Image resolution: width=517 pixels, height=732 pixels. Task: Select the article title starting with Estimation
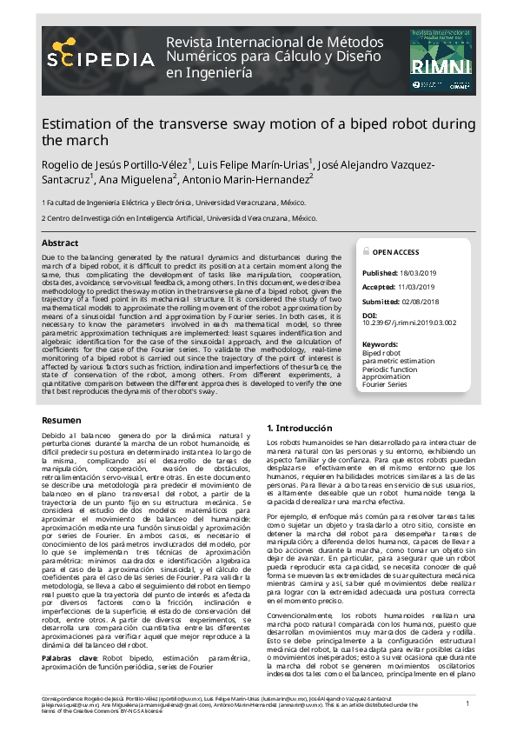(257, 131)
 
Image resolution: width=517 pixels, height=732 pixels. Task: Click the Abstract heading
(60, 243)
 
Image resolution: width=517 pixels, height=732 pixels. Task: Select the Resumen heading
(62, 421)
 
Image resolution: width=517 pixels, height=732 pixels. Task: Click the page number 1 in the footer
(467, 702)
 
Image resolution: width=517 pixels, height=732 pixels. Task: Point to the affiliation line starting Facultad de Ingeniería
(174, 202)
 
